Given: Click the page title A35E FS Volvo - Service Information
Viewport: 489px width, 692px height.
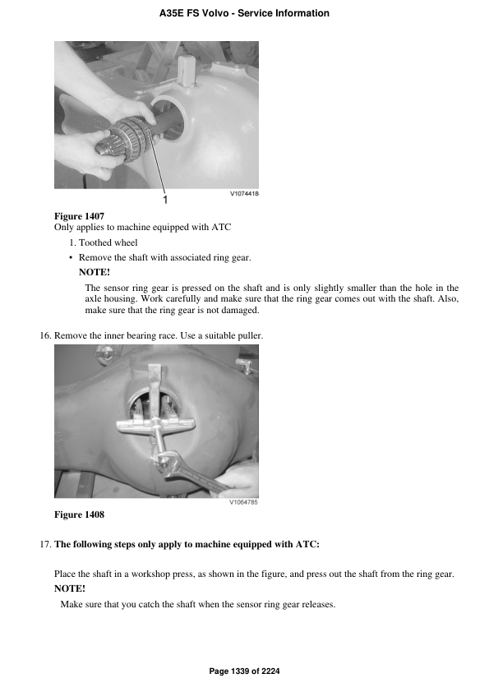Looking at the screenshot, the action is tap(244, 13).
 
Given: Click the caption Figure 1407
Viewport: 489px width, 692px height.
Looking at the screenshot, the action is tap(79, 215).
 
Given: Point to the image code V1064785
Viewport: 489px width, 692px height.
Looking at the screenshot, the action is tap(243, 502).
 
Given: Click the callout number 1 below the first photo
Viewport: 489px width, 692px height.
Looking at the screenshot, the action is tap(165, 200).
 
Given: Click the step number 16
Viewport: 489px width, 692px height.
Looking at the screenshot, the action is tap(46, 335).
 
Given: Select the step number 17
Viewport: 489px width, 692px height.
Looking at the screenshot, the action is tap(46, 544).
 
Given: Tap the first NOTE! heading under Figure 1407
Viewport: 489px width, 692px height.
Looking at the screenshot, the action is tap(94, 272).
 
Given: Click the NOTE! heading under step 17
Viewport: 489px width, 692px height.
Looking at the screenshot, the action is tap(69, 588).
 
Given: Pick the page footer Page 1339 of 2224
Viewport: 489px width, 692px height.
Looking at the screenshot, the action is tap(244, 671).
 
